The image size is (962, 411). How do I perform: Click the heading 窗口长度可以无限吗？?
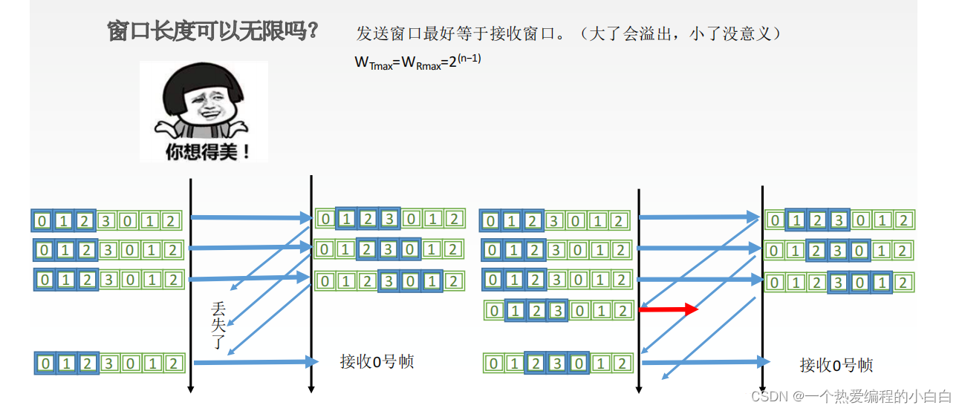(213, 31)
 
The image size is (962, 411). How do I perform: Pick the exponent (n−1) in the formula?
(469, 58)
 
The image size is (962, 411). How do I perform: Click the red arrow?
(669, 309)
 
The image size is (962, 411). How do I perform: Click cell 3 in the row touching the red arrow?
(557, 311)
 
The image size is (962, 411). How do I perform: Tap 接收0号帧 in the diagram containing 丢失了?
(377, 362)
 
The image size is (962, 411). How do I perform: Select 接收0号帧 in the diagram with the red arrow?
(836, 364)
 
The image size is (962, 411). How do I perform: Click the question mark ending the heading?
(313, 31)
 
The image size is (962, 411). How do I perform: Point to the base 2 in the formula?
(452, 64)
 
